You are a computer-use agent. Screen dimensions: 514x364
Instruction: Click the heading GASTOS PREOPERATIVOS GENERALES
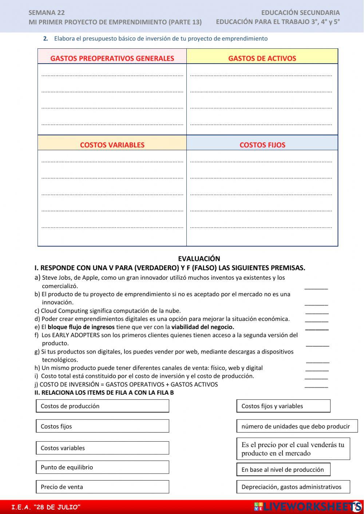tap(112, 58)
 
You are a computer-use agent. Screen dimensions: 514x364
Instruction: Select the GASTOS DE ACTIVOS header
tap(262, 58)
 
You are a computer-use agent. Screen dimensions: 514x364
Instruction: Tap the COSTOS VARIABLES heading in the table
tap(112, 145)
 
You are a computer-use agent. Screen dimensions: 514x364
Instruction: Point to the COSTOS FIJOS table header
tap(262, 145)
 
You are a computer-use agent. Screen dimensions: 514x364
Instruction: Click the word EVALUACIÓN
tap(199, 259)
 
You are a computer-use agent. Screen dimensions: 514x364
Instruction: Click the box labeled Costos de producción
tap(102, 406)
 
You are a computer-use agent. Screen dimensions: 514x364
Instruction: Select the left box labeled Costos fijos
tap(102, 426)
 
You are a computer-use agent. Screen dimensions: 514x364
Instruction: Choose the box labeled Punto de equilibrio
tap(102, 467)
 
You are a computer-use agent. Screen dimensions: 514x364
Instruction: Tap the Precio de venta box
tap(102, 487)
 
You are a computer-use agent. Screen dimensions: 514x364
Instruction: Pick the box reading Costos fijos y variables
tap(283, 406)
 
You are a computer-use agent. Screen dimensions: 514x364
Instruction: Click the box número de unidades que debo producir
tap(297, 426)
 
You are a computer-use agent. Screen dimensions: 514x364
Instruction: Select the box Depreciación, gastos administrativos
tap(293, 487)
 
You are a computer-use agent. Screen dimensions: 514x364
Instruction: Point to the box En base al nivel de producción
tap(283, 470)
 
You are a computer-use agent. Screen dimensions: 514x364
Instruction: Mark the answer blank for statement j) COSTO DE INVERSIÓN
tap(316, 385)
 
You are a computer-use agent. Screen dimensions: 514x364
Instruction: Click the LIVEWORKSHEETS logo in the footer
tap(308, 506)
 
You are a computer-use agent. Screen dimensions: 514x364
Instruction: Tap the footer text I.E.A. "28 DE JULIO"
tap(46, 507)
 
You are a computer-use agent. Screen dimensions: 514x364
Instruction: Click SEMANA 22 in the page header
tap(47, 13)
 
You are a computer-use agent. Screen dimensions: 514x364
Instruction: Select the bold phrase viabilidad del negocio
tap(203, 327)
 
